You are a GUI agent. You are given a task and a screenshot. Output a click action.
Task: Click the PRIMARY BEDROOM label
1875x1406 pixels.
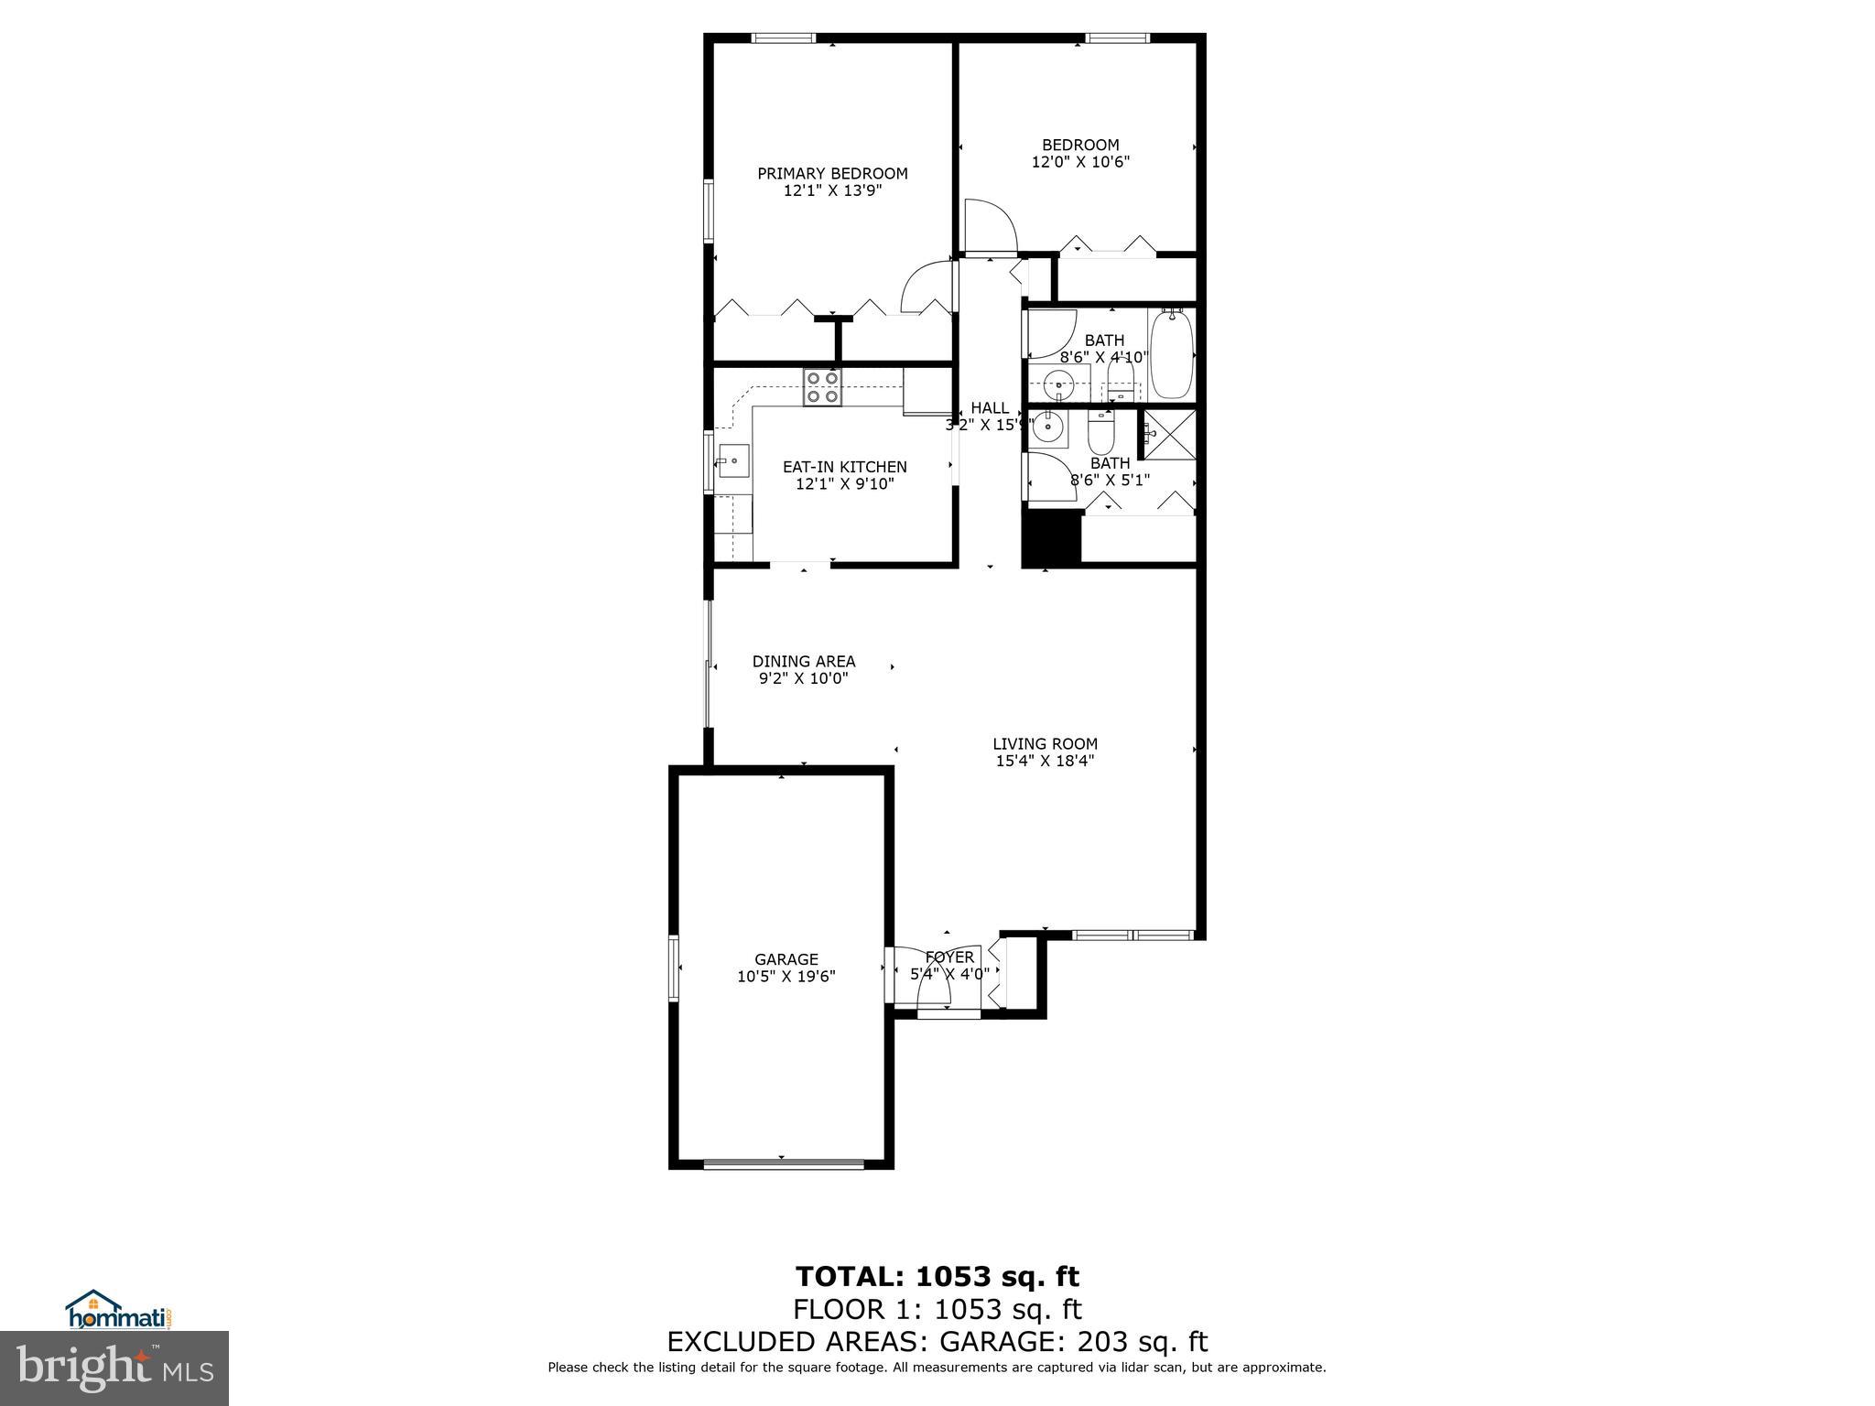tap(832, 173)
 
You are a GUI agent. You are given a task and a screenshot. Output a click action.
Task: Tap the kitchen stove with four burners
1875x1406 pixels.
tap(822, 387)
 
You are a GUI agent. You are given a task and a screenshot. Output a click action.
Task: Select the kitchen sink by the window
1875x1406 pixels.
tap(733, 460)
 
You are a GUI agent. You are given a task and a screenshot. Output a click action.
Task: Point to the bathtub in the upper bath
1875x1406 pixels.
tap(1171, 353)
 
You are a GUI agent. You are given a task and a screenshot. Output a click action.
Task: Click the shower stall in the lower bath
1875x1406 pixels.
tap(1169, 434)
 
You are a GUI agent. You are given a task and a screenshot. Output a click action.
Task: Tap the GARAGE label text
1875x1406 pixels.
tap(786, 959)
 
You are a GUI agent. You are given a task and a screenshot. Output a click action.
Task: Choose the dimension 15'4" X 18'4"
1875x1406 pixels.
tap(1045, 761)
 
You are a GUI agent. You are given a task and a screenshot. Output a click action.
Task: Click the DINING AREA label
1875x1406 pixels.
tap(804, 661)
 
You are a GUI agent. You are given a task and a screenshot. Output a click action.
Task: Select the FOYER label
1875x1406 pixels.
tap(949, 957)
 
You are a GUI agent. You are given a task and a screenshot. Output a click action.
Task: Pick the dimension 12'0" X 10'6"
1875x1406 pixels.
tap(1080, 162)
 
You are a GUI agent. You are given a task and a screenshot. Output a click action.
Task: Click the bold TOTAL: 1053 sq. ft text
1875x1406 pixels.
tap(937, 1276)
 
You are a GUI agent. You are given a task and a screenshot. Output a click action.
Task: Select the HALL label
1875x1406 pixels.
tap(990, 407)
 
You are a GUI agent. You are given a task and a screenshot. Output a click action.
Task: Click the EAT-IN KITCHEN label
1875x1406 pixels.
tap(844, 467)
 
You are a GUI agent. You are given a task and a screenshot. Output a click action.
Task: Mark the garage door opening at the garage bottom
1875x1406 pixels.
tap(784, 1164)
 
